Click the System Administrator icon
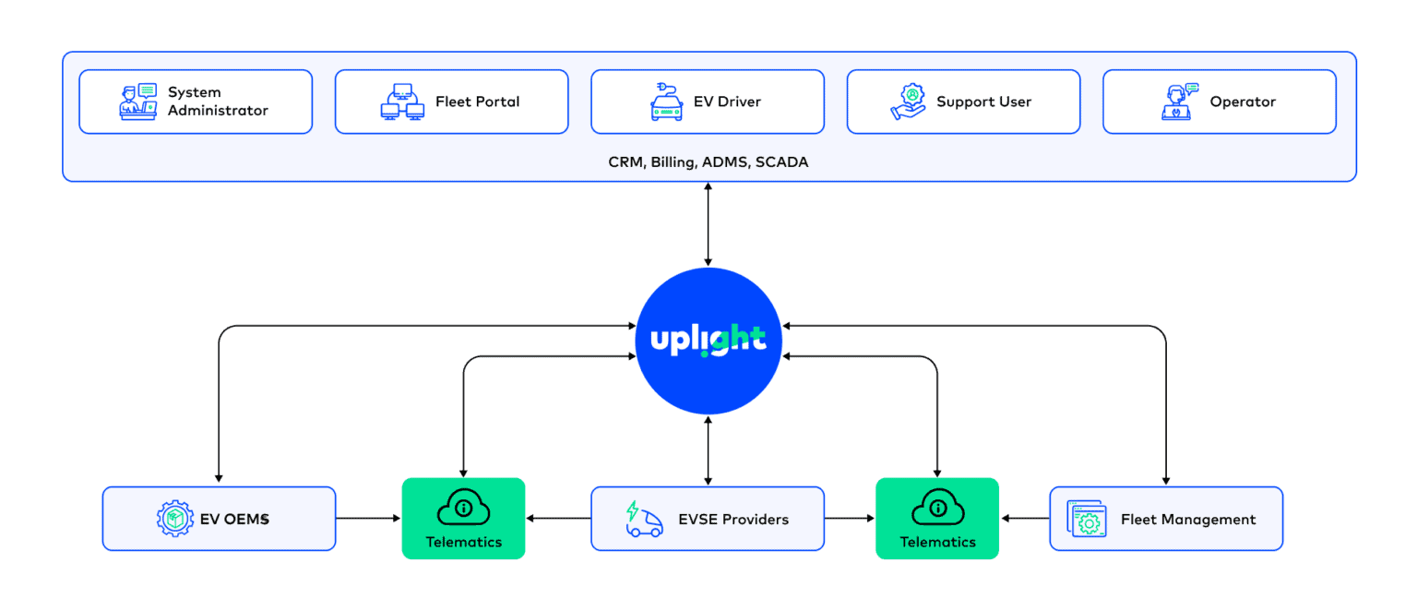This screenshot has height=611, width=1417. coord(138,102)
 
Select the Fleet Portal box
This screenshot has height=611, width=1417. coord(451,102)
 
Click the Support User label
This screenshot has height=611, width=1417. coord(983,102)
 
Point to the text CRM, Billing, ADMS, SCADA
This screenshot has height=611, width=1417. coord(708,162)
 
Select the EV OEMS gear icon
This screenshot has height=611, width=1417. coord(175,519)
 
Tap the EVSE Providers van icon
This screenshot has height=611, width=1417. coord(644,519)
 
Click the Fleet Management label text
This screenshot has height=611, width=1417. coord(1187,520)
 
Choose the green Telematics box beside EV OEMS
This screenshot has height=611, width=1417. coord(463,518)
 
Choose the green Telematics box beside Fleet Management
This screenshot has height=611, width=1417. coord(936,518)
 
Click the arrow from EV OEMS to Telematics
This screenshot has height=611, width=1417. coord(368,519)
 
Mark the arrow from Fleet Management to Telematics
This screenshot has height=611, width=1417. coord(1025,519)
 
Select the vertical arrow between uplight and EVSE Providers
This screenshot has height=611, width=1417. coord(708,450)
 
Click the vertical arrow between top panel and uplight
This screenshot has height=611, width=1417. coord(708,224)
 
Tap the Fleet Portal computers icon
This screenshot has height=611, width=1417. coord(402,102)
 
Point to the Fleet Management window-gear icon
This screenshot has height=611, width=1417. coord(1087,519)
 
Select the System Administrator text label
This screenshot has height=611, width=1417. coord(218,102)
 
